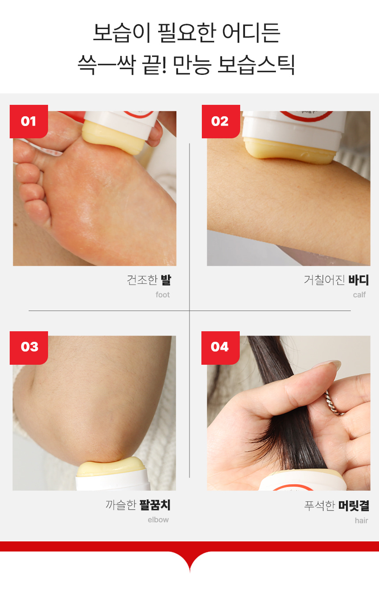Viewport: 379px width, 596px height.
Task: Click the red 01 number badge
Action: point(29,121)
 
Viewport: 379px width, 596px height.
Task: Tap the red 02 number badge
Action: point(221,121)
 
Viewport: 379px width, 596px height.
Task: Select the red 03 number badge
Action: point(29,348)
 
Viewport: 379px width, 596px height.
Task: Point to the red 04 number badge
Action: point(220,348)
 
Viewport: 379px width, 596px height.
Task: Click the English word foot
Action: point(163,295)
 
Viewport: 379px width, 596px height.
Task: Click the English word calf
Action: point(359,295)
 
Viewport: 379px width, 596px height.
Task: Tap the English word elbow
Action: point(158,520)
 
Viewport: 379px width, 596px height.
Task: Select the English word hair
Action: point(361,520)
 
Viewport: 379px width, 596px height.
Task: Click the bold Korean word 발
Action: point(166,280)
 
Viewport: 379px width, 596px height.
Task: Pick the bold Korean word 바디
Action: point(358,280)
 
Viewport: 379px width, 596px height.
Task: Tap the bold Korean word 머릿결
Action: point(354,506)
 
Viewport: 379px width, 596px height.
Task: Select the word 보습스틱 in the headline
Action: point(256,65)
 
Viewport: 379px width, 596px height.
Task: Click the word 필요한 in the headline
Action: point(186,33)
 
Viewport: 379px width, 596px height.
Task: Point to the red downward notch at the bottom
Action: point(190,561)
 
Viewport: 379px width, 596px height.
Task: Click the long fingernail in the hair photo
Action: point(327,365)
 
